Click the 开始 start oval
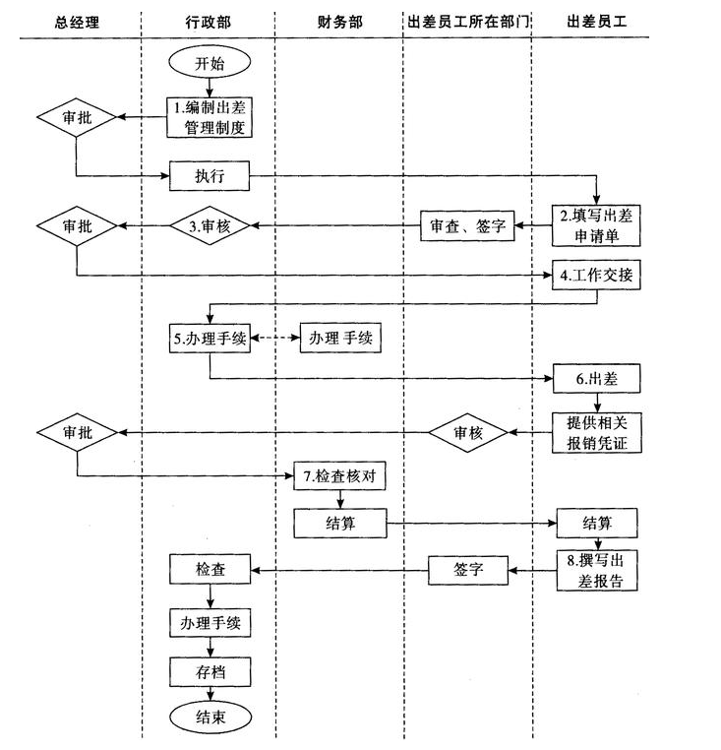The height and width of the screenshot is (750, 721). (x=209, y=64)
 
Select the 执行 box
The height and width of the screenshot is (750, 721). (x=209, y=178)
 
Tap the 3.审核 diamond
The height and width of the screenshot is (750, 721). (x=209, y=226)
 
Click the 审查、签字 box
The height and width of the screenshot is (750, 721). (x=467, y=226)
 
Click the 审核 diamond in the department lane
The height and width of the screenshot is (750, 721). (x=467, y=432)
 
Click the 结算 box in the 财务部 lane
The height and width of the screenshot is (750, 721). (x=340, y=523)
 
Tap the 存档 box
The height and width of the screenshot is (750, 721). (x=209, y=672)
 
